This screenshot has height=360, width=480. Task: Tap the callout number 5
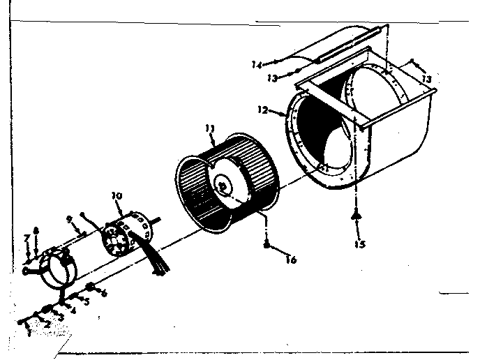point(87,302)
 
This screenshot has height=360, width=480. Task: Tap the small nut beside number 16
point(267,243)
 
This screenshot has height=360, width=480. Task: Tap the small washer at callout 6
point(91,287)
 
